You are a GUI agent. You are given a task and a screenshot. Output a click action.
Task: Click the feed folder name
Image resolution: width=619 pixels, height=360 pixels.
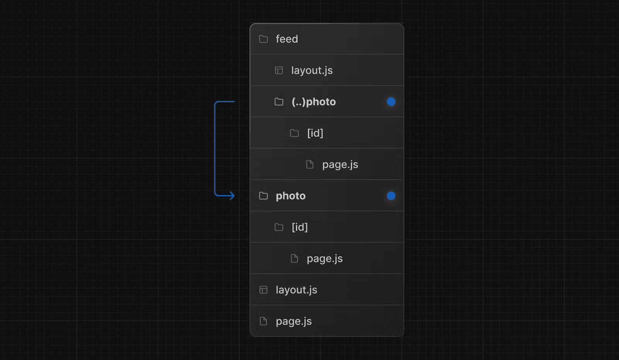pos(287,39)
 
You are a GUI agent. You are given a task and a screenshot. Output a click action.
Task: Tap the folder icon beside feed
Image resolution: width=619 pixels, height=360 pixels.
pos(263,39)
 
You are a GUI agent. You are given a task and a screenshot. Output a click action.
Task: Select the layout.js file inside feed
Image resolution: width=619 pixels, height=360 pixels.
pos(312,70)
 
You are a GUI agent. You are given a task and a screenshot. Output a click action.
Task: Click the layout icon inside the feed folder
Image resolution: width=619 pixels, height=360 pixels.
pos(279,70)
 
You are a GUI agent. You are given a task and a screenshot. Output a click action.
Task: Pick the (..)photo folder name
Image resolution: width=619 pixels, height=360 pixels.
pos(314,102)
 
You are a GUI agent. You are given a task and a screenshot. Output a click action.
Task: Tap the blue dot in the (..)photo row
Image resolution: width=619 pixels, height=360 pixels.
pos(391,101)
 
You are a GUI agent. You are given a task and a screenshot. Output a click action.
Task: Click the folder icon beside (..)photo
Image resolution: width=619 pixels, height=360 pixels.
pos(279,102)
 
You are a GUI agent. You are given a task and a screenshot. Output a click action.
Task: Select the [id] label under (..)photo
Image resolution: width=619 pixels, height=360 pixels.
pos(315,133)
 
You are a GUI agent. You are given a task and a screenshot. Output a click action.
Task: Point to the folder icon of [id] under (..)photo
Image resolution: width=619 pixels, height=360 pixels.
pos(294,133)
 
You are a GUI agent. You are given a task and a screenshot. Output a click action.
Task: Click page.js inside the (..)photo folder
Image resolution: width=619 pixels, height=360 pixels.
pos(340,165)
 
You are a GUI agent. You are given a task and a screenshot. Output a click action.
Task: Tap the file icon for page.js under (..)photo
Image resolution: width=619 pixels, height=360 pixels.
pos(310,165)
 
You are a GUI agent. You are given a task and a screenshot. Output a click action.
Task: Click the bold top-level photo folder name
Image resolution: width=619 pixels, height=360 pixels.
pos(291,196)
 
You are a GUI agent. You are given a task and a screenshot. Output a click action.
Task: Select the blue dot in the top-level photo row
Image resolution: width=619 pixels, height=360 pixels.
pos(391,196)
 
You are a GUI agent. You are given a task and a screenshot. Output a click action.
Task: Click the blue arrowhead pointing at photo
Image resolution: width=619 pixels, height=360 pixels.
pos(232,196)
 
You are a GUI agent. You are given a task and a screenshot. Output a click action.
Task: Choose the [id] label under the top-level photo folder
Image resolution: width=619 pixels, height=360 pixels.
pos(299,227)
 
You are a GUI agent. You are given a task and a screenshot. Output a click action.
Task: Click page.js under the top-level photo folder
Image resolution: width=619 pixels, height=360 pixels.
pos(325,259)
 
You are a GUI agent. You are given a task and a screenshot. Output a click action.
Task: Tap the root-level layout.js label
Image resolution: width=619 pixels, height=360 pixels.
pos(296,290)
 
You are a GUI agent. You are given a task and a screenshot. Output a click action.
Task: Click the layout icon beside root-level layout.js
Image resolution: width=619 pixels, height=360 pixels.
pos(263,290)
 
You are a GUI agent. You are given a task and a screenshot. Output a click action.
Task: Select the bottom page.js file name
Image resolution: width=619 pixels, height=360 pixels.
pos(294,322)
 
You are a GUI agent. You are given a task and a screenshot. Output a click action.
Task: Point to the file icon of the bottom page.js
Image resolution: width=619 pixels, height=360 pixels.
pos(263,321)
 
